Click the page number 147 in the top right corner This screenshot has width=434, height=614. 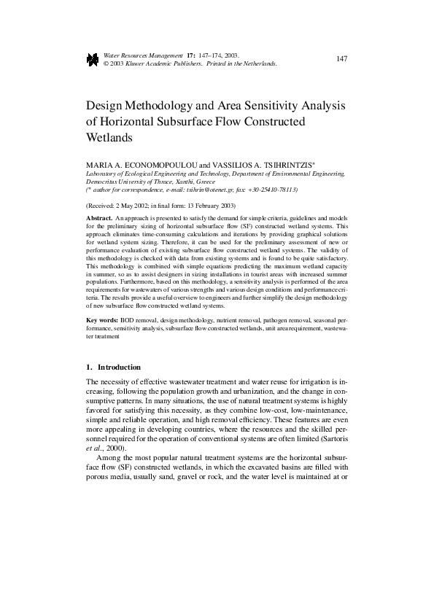(x=341, y=58)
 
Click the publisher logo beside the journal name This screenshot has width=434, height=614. (x=92, y=60)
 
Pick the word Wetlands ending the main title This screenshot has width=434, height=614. (x=109, y=137)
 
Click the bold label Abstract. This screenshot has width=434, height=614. (x=99, y=219)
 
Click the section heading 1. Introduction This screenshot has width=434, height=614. (x=113, y=367)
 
